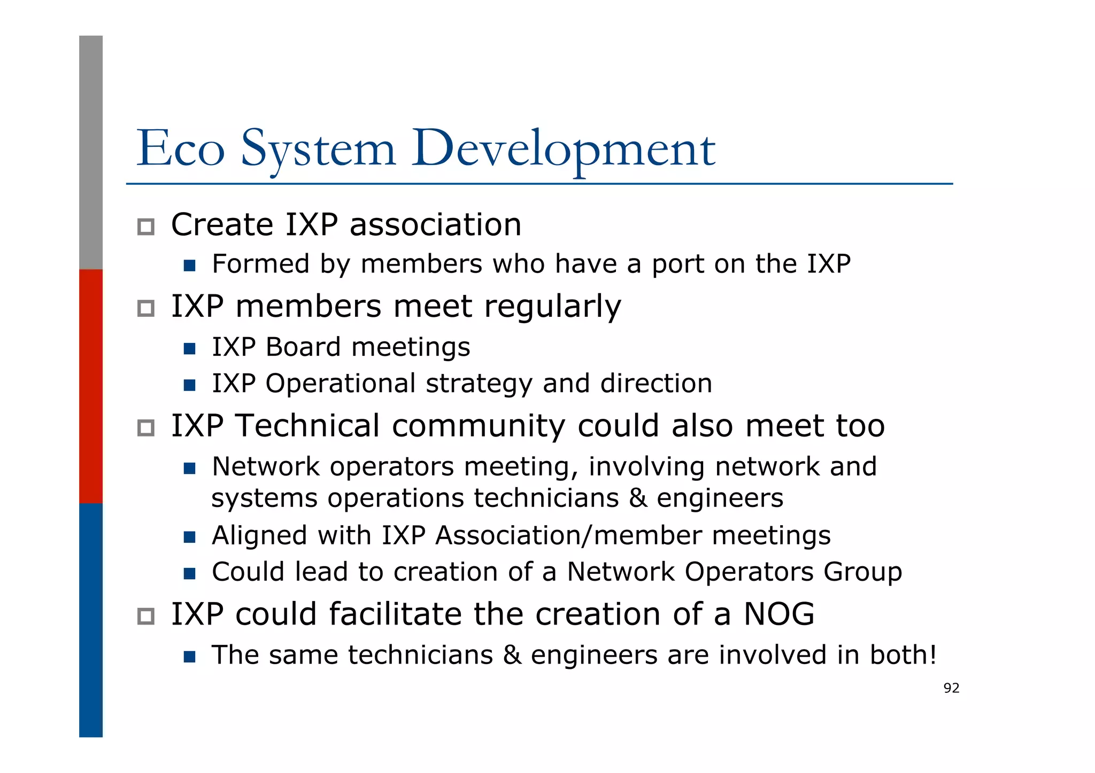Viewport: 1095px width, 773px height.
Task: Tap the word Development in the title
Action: point(563,149)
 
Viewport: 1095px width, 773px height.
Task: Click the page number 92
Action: point(951,688)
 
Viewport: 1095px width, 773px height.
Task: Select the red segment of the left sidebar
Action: point(91,386)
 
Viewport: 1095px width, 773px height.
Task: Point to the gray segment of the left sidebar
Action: point(91,152)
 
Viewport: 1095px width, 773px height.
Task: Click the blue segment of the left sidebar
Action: point(91,620)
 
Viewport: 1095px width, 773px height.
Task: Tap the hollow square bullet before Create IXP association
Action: point(146,227)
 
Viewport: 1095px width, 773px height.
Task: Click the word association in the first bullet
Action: point(435,224)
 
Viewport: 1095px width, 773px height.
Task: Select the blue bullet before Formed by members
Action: point(189,266)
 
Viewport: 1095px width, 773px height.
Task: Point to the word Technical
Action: point(307,426)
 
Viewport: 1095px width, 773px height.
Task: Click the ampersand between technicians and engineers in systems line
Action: point(637,498)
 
